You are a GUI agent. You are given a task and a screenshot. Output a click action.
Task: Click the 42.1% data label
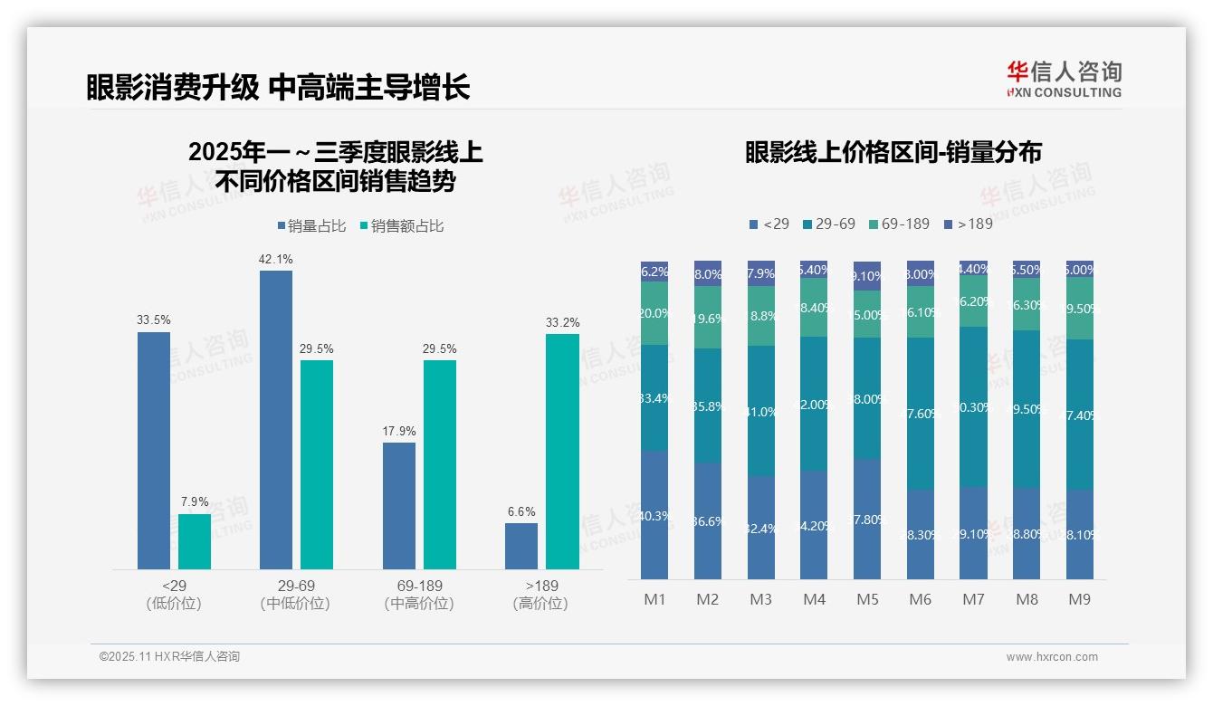tap(276, 260)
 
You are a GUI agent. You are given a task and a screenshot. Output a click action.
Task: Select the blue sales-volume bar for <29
tap(154, 450)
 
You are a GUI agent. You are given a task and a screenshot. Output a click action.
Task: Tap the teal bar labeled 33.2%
tap(562, 451)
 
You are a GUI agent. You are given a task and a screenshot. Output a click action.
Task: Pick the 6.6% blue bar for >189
tap(521, 546)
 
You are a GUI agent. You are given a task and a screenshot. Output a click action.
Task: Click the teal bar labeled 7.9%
tap(195, 541)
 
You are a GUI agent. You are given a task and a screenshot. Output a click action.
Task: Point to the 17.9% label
tap(398, 432)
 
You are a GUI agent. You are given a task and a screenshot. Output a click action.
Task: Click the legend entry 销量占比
tap(311, 226)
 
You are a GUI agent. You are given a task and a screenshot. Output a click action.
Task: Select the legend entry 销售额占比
tap(402, 226)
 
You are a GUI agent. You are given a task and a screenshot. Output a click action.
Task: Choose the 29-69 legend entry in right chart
tap(828, 224)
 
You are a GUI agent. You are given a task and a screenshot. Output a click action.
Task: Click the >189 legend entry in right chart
tap(968, 224)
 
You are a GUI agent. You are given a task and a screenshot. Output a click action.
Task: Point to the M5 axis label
tap(867, 599)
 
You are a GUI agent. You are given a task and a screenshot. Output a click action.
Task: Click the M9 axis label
tap(1080, 599)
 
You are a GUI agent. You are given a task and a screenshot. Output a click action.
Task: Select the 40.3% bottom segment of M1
tap(654, 515)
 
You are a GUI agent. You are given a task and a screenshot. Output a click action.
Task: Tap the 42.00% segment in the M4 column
tap(814, 404)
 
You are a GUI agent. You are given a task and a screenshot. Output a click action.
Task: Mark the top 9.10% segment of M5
tap(867, 276)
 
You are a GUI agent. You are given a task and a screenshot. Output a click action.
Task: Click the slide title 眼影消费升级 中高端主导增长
tap(278, 87)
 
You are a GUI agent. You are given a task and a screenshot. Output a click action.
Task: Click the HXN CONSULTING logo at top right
tap(1064, 79)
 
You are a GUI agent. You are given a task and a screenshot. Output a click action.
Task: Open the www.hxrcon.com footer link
tap(1052, 657)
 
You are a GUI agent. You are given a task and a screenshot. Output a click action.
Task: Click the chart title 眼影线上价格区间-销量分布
tap(893, 152)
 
